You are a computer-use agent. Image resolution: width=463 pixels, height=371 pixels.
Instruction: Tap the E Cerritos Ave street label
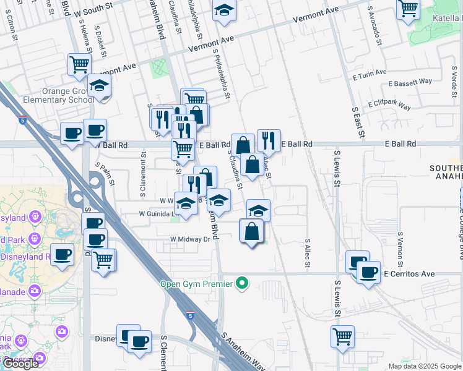[x=409, y=273]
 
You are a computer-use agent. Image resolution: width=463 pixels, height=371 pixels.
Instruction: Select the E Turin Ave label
[x=370, y=76]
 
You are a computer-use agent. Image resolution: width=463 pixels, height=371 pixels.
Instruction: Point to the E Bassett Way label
[x=410, y=82]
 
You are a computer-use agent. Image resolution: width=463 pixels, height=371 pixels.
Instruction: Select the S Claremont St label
[x=143, y=176]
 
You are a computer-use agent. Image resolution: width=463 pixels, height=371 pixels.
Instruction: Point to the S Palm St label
[x=105, y=174]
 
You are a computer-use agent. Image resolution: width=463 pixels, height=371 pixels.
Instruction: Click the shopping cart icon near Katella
[x=409, y=9]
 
